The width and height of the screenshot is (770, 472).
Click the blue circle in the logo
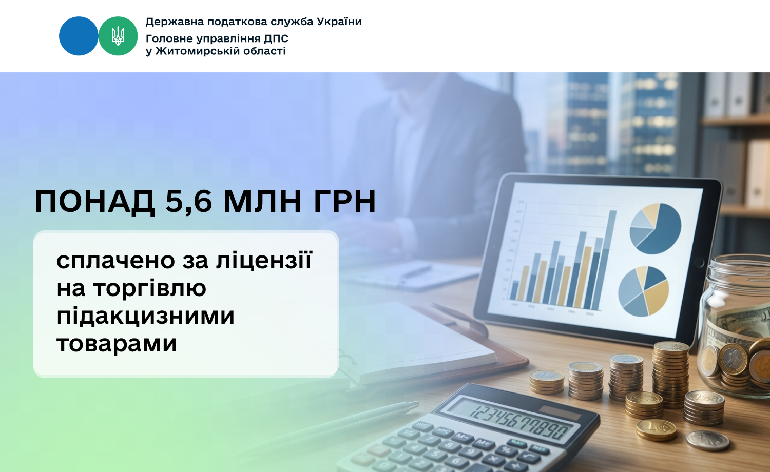tap(79, 36)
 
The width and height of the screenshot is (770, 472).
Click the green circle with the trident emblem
tap(118, 36)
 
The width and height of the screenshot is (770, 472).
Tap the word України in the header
tap(339, 22)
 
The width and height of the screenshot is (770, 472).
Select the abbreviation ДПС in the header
tap(276, 38)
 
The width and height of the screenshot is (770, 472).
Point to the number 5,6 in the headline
tap(189, 202)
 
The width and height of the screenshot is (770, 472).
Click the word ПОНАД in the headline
tap(95, 202)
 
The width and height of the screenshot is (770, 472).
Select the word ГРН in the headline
tap(344, 201)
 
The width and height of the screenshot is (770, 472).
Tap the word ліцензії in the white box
tap(264, 261)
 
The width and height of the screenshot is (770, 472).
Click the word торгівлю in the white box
tap(150, 289)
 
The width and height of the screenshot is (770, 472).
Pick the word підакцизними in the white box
tap(145, 316)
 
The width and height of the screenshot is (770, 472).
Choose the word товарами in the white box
tap(117, 343)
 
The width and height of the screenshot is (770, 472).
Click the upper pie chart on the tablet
tap(655, 228)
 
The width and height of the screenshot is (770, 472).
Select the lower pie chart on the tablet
tap(644, 291)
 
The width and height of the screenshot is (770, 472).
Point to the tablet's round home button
tap(699, 263)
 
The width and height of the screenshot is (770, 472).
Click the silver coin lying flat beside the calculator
tap(708, 440)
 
